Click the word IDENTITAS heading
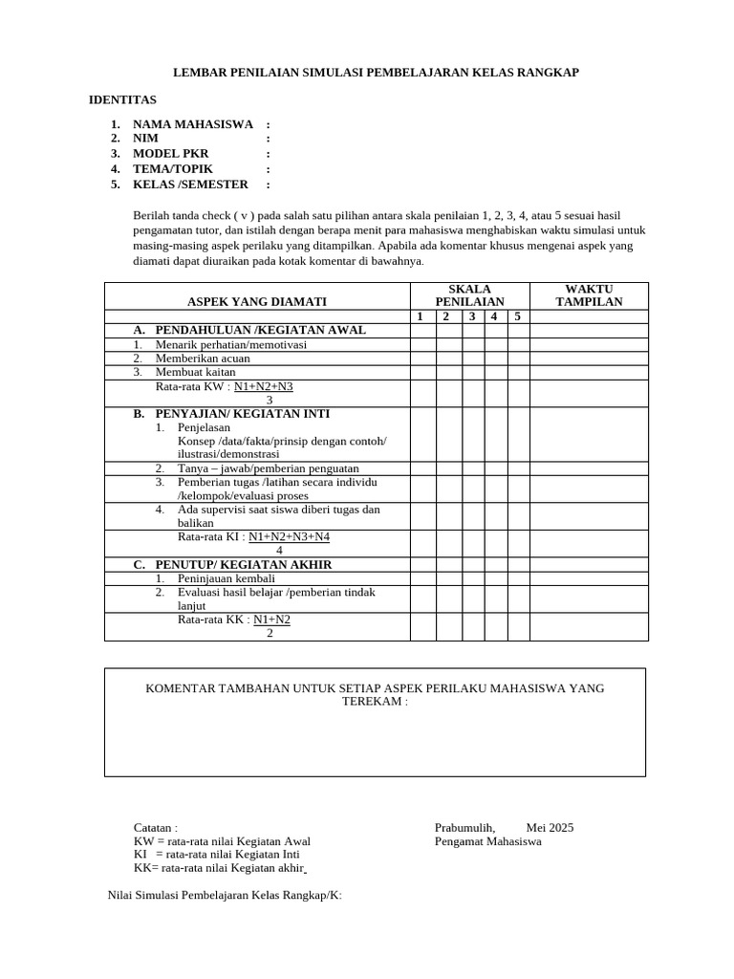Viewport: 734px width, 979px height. (122, 99)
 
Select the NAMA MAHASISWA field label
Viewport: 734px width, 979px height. (192, 124)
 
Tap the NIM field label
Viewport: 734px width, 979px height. (145, 139)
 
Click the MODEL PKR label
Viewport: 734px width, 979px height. (170, 154)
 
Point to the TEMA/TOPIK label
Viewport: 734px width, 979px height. (172, 169)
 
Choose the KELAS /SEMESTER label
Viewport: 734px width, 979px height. (190, 185)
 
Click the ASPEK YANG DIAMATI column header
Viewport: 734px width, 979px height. (257, 302)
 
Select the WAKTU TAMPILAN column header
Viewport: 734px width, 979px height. (589, 295)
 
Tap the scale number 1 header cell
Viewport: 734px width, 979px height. (422, 316)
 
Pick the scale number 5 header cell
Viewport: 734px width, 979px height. (517, 316)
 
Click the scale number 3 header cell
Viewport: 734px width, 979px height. (472, 316)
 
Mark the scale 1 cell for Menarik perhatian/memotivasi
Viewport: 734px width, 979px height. (422, 345)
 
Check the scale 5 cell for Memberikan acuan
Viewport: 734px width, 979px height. (517, 359)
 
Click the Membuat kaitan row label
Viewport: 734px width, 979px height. (195, 372)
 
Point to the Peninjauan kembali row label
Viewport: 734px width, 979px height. (227, 578)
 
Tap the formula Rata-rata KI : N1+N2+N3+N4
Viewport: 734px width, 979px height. (253, 537)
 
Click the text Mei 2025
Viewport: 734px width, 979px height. (550, 828)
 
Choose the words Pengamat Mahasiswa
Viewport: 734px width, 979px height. (487, 841)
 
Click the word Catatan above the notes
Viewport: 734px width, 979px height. (154, 828)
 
